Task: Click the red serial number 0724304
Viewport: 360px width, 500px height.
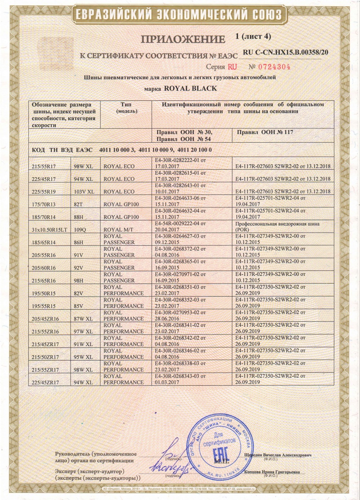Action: point(270,67)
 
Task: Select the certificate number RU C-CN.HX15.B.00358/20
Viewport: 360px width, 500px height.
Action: point(286,52)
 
